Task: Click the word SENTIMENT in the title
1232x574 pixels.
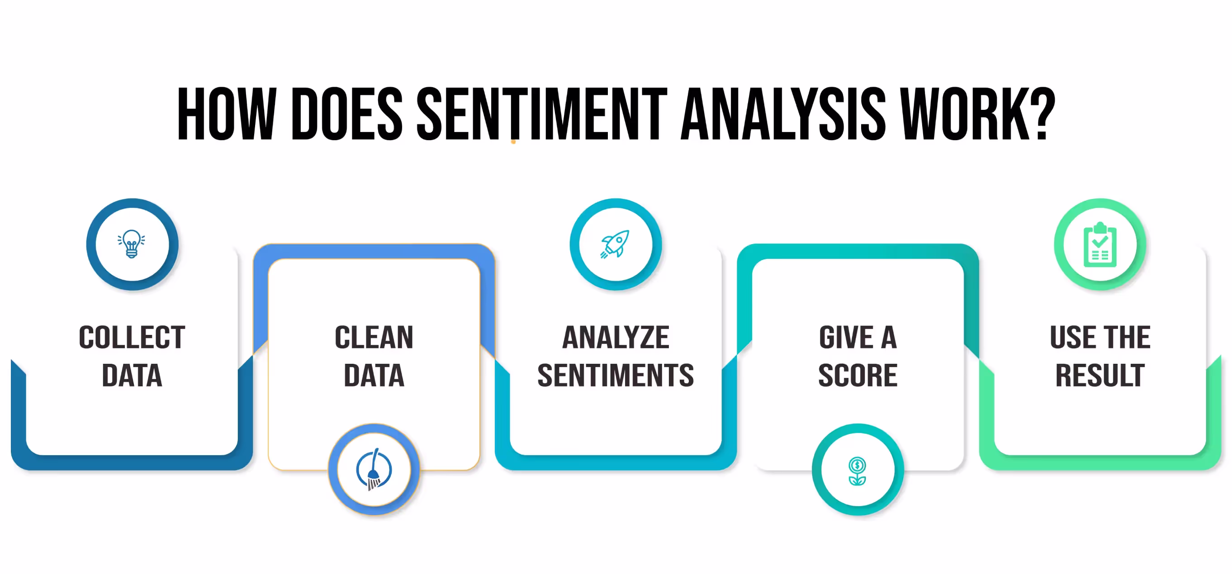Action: click(541, 115)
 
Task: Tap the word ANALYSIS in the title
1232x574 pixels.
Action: click(783, 115)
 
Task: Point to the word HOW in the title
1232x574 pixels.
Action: click(227, 115)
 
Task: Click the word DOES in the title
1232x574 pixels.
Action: click(346, 115)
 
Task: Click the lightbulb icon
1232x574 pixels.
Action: click(132, 244)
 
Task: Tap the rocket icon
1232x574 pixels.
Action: click(616, 244)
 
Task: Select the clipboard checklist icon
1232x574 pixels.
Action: click(1099, 245)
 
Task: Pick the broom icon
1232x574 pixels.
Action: click(374, 470)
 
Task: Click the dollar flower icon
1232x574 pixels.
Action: click(858, 470)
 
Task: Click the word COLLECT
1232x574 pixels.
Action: click(132, 338)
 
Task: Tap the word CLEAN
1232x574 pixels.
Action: click(374, 338)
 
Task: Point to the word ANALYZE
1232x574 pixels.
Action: click(616, 338)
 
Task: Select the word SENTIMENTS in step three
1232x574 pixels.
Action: click(616, 376)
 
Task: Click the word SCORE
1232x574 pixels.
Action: click(858, 376)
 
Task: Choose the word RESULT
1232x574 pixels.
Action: click(1100, 376)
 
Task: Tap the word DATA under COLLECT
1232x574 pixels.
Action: click(132, 376)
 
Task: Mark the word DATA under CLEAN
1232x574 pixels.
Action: click(374, 376)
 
